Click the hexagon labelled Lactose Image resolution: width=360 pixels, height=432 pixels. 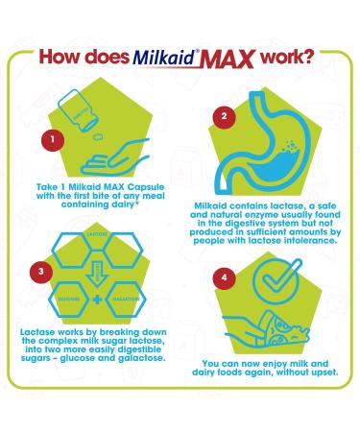[x=93, y=234]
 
